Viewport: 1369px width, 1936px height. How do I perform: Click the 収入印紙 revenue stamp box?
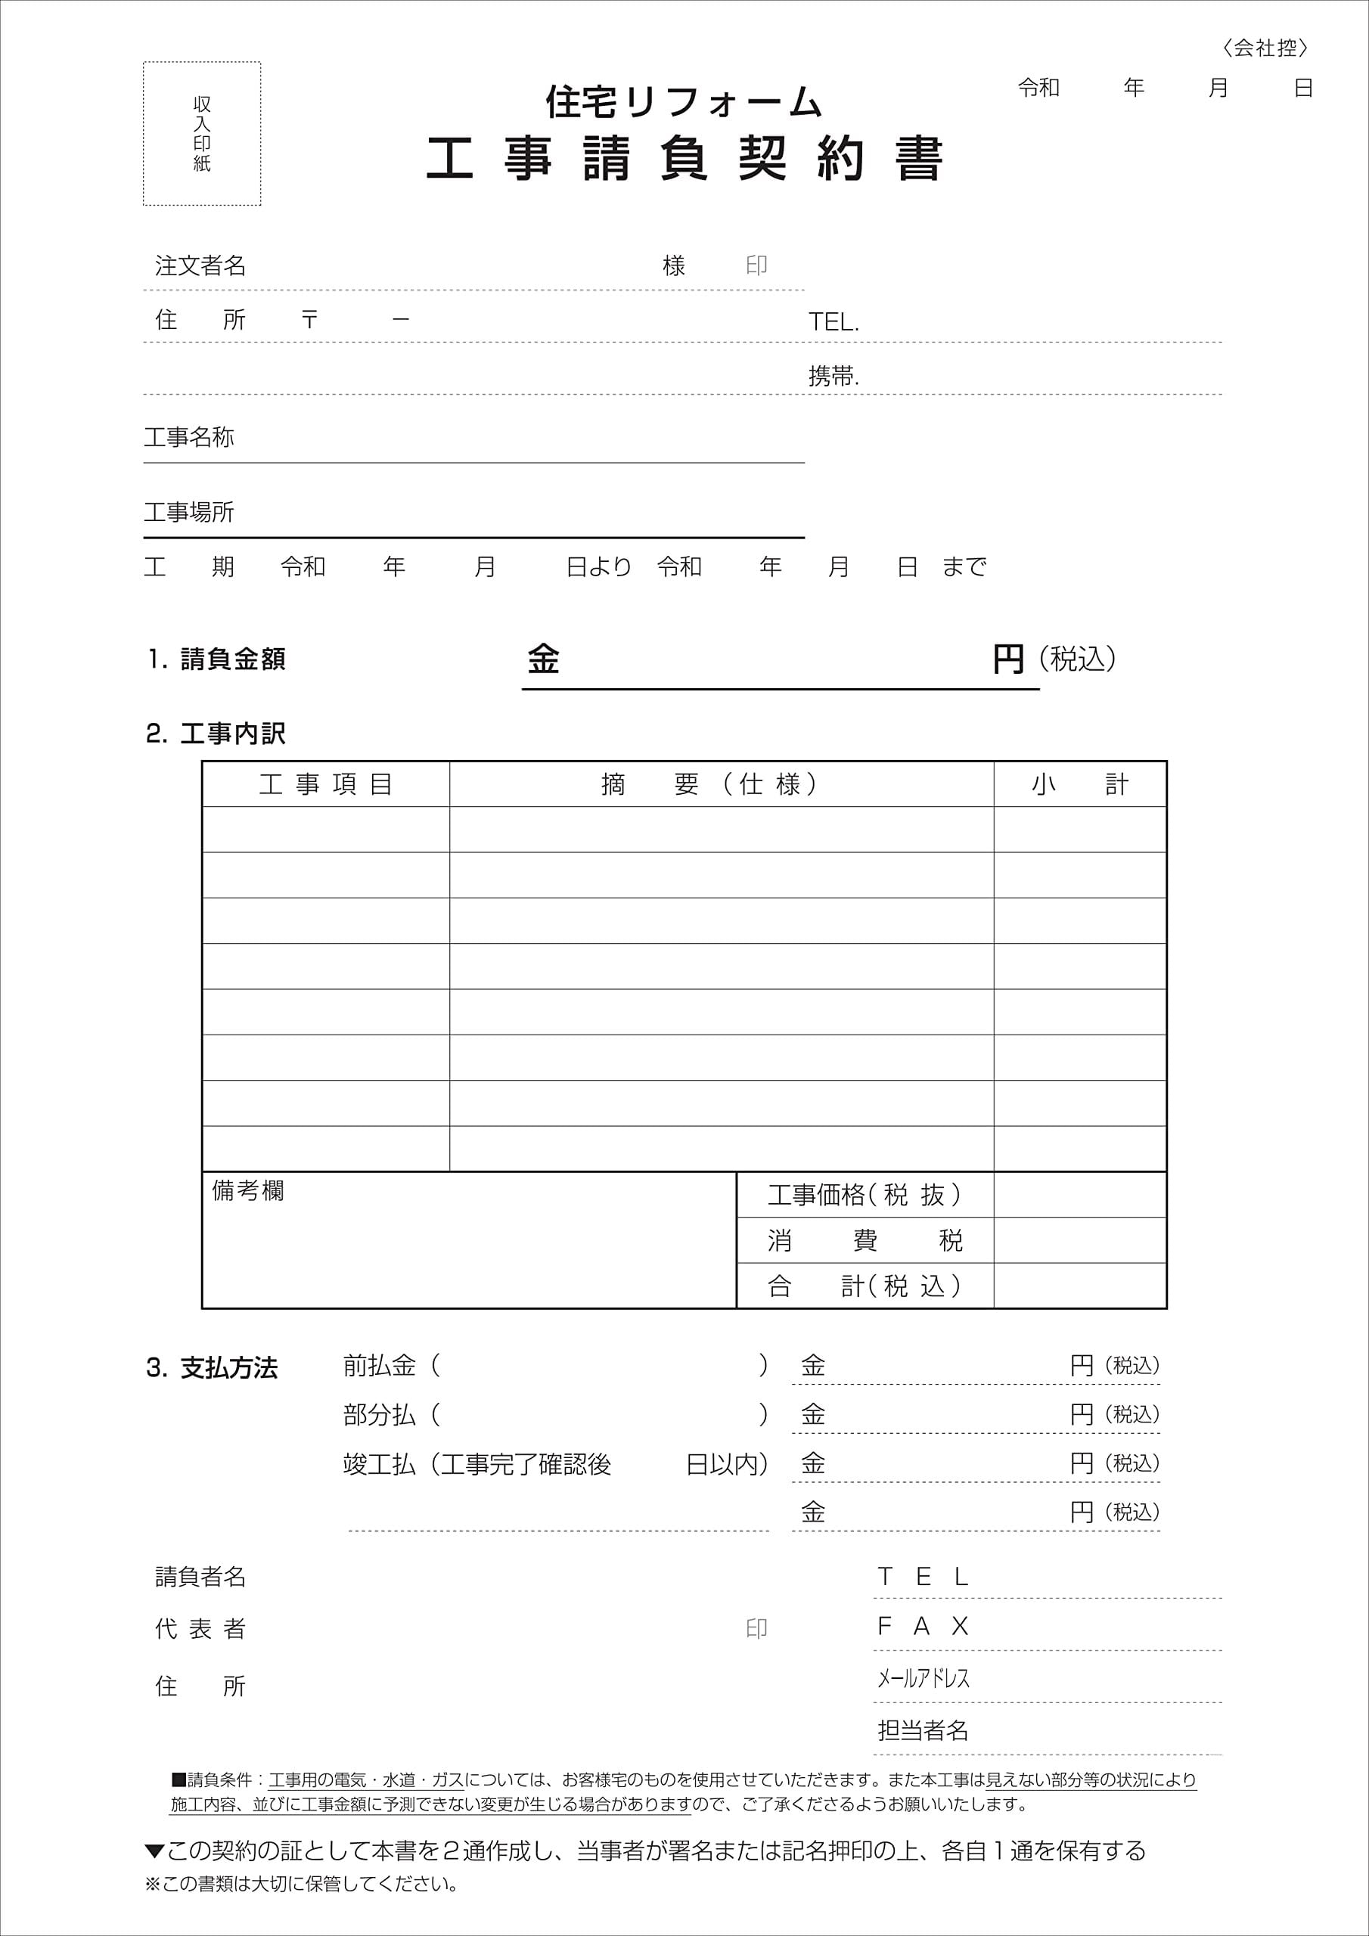[202, 133]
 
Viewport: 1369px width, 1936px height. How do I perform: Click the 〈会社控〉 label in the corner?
[1265, 49]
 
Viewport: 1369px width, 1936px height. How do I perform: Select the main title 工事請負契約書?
[683, 159]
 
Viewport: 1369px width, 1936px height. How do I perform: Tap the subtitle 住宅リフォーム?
[683, 103]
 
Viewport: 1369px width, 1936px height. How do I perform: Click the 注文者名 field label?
[200, 266]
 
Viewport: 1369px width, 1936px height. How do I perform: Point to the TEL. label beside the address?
[834, 322]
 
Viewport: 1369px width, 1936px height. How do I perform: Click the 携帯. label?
[834, 376]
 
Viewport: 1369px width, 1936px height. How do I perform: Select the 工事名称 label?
[189, 437]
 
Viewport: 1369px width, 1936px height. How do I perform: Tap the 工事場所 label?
[189, 512]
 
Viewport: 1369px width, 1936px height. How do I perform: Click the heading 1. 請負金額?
[217, 659]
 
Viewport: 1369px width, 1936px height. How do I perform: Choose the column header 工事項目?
[325, 785]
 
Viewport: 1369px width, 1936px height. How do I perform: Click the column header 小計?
[1079, 785]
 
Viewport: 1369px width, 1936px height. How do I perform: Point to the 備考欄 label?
[248, 1190]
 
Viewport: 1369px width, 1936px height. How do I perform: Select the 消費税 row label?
[865, 1240]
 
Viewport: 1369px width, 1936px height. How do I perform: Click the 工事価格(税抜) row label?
[865, 1195]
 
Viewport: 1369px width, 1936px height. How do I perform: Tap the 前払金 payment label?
[380, 1365]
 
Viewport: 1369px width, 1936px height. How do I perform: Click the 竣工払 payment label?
[380, 1465]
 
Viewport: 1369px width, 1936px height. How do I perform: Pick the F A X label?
[923, 1626]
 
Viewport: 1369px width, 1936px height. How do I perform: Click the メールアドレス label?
[923, 1678]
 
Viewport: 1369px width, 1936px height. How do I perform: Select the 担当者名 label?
[923, 1730]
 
